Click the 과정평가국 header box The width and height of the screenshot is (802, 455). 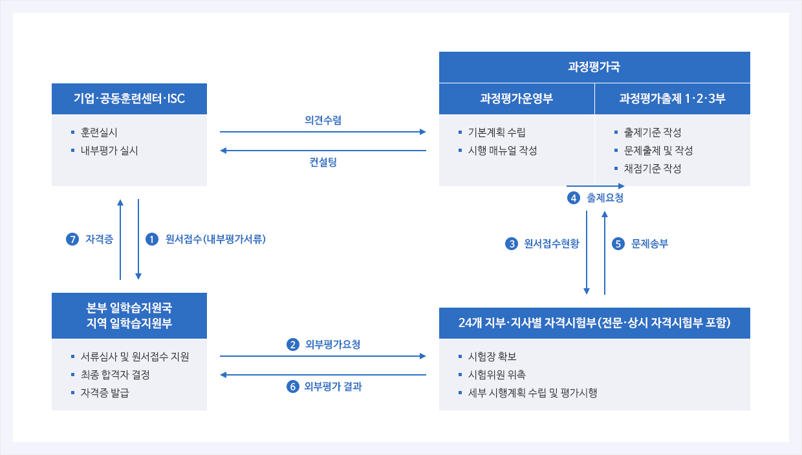point(594,67)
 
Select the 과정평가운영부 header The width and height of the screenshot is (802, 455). point(517,99)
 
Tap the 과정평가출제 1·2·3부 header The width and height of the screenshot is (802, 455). point(673,99)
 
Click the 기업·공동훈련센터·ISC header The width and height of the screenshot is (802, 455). point(129,99)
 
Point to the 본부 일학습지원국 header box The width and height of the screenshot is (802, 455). point(129,315)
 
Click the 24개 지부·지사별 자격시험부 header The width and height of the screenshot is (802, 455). point(594,323)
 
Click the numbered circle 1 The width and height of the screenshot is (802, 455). point(152,239)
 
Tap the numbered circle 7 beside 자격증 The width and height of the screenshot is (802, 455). point(72,239)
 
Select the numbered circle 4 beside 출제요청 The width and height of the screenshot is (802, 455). point(574,198)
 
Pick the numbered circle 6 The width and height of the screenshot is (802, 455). point(293,386)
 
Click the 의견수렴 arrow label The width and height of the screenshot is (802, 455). point(323,120)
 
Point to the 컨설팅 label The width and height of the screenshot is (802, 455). point(323,162)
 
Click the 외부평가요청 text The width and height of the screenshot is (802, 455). point(332,344)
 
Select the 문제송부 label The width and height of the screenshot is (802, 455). point(649,244)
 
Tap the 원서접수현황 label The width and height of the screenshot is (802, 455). point(551,244)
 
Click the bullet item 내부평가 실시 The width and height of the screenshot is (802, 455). point(109,151)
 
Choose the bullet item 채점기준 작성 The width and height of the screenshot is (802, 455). point(653,169)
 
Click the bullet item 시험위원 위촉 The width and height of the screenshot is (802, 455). point(497,375)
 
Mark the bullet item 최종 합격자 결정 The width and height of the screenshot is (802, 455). point(115,375)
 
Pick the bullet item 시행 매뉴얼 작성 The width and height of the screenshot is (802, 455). point(503,151)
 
